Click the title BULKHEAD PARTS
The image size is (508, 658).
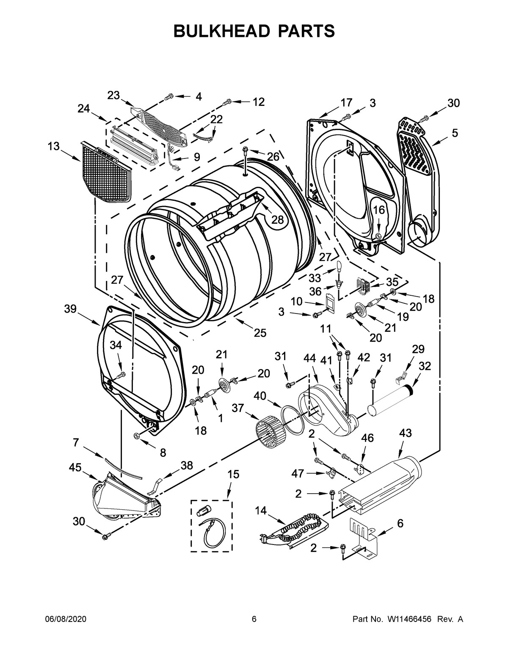coord(254,31)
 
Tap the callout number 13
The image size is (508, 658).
coord(53,146)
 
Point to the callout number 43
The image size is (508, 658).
coord(405,433)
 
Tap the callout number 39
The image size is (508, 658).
coord(71,309)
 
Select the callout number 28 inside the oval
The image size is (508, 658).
coord(277,219)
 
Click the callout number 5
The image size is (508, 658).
coord(454,133)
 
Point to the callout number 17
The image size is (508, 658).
coord(346,103)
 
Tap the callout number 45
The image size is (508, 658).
coord(76,466)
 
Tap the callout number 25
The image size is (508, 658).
coord(260,333)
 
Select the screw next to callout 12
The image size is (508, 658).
coord(227,102)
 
